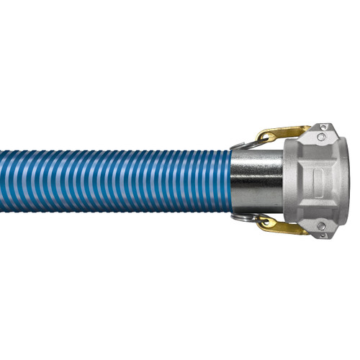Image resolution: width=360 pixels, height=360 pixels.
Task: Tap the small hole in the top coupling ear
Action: pos(328,127)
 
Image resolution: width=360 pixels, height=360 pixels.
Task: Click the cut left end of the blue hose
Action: pos(2,180)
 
